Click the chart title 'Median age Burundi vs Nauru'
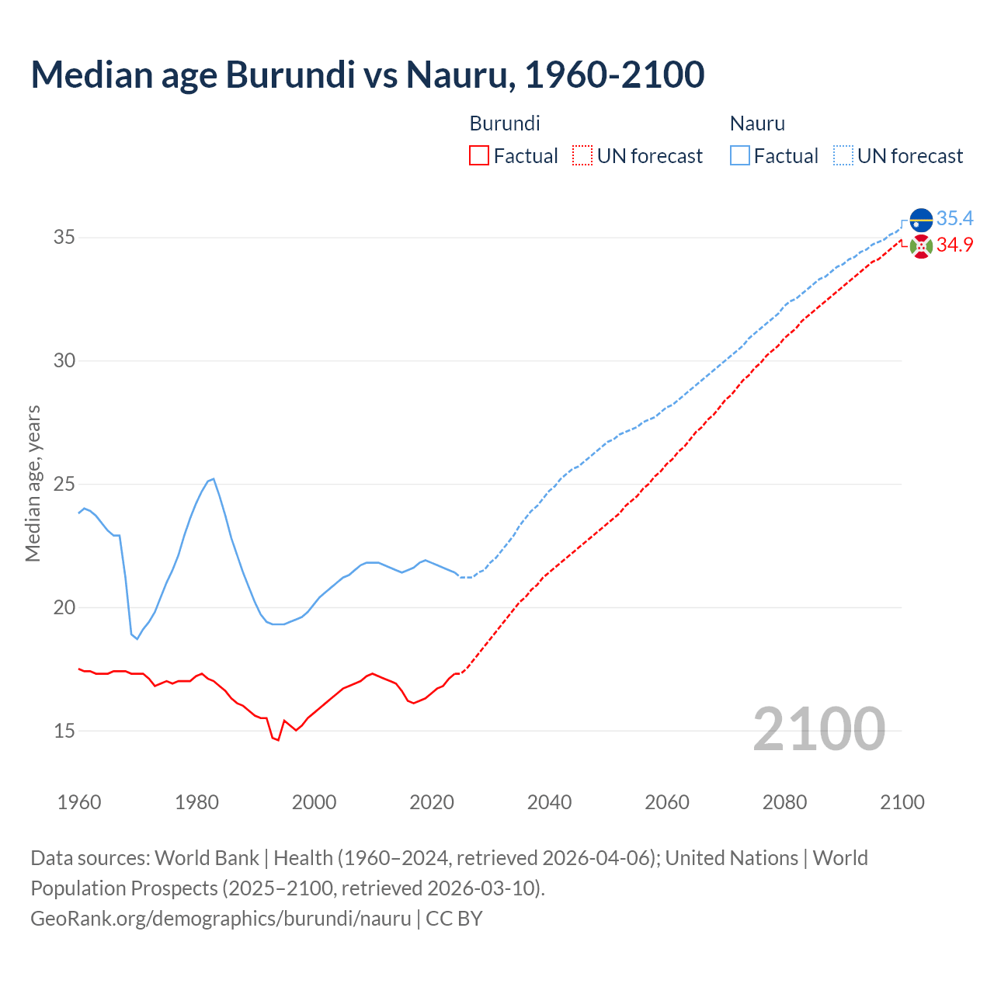pyautogui.click(x=367, y=75)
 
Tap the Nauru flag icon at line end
pyautogui.click(x=921, y=220)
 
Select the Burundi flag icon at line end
pyautogui.click(x=921, y=247)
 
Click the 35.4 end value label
pyautogui.click(x=954, y=218)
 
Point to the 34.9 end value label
pyautogui.click(x=954, y=245)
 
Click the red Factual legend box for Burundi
pyautogui.click(x=479, y=155)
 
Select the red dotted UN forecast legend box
pyautogui.click(x=582, y=155)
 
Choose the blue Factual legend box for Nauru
pyautogui.click(x=740, y=155)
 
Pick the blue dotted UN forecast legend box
pyautogui.click(x=843, y=155)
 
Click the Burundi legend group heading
pyautogui.click(x=505, y=123)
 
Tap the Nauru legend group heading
pyautogui.click(x=757, y=123)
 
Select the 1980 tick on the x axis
pyautogui.click(x=196, y=802)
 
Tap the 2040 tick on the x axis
pyautogui.click(x=549, y=802)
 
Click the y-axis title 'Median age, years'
pyautogui.click(x=33, y=483)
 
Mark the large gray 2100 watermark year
pyautogui.click(x=818, y=728)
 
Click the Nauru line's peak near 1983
pyautogui.click(x=214, y=479)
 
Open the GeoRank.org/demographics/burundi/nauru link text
pyautogui.click(x=221, y=919)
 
